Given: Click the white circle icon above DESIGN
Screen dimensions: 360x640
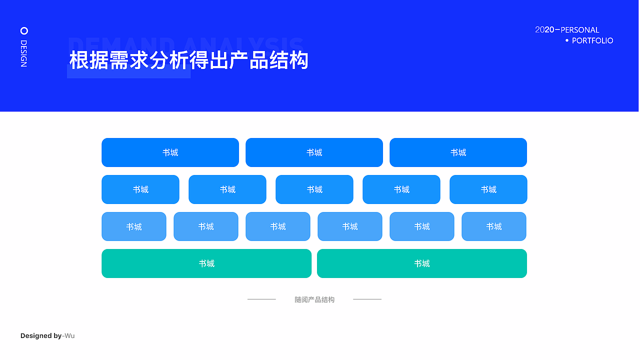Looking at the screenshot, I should pyautogui.click(x=24, y=30).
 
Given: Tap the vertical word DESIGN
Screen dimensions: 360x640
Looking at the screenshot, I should pyautogui.click(x=23, y=53).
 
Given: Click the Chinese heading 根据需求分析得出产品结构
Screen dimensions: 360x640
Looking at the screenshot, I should pyautogui.click(x=188, y=60).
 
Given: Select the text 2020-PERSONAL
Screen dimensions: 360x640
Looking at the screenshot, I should pyautogui.click(x=567, y=30).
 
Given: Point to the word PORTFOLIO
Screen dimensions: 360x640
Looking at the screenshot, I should pyautogui.click(x=592, y=41).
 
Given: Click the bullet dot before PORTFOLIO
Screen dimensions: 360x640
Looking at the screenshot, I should pyautogui.click(x=566, y=40).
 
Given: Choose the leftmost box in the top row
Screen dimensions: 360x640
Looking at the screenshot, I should pyautogui.click(x=170, y=152).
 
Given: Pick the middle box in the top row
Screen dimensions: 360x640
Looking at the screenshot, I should pyautogui.click(x=314, y=152).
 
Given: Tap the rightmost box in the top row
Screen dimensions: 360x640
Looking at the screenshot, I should pyautogui.click(x=458, y=152).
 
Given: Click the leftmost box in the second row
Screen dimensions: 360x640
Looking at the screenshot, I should pyautogui.click(x=140, y=189).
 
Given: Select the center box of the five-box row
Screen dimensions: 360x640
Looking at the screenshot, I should pyautogui.click(x=314, y=189).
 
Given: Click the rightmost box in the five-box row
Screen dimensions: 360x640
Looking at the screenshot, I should pyautogui.click(x=488, y=189).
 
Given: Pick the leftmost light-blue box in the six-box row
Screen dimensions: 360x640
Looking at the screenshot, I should pyautogui.click(x=134, y=226).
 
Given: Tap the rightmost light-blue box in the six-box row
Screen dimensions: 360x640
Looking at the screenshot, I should pyautogui.click(x=494, y=226).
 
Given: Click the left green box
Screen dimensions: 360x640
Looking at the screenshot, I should pyautogui.click(x=206, y=263).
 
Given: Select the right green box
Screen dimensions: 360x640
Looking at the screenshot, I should pyautogui.click(x=422, y=263).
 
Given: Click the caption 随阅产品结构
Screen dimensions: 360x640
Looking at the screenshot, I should pyautogui.click(x=314, y=300).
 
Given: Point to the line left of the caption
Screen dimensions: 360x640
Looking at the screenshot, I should pyautogui.click(x=261, y=299).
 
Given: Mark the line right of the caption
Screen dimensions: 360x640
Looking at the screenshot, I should pyautogui.click(x=367, y=299).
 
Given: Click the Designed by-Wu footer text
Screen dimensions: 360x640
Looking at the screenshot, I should pyautogui.click(x=47, y=336).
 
